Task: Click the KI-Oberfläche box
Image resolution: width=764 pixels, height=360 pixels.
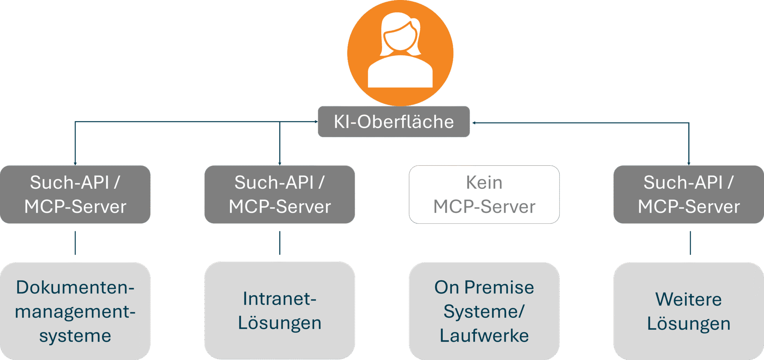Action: pyautogui.click(x=394, y=122)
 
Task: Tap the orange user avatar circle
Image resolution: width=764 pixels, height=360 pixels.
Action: pyautogui.click(x=400, y=52)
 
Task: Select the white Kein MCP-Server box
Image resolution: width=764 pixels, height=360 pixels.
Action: pyautogui.click(x=484, y=194)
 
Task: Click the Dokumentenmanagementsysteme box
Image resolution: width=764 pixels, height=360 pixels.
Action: pyautogui.click(x=75, y=311)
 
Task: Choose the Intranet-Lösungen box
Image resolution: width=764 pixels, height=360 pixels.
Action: pyautogui.click(x=279, y=310)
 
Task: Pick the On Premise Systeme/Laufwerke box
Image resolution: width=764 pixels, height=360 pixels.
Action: pyautogui.click(x=484, y=311)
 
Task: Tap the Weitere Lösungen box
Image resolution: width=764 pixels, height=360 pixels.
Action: pyautogui.click(x=688, y=311)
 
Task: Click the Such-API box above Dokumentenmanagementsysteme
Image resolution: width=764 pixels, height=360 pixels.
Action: pyautogui.click(x=75, y=194)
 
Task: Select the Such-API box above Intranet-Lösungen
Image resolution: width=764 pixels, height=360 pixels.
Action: pyautogui.click(x=279, y=194)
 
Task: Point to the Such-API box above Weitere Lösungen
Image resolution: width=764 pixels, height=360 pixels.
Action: pyautogui.click(x=688, y=194)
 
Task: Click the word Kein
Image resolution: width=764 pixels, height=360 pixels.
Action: pyautogui.click(x=484, y=182)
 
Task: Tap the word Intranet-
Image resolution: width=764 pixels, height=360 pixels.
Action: pyautogui.click(x=279, y=298)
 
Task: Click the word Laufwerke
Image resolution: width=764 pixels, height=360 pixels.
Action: pyautogui.click(x=484, y=335)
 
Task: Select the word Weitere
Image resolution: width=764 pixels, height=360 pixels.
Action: pyautogui.click(x=688, y=299)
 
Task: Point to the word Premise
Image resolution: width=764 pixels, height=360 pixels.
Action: pyautogui.click(x=499, y=287)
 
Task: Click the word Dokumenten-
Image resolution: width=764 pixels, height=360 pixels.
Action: pyautogui.click(x=75, y=287)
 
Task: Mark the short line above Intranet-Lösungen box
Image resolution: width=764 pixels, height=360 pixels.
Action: pyautogui.click(x=280, y=243)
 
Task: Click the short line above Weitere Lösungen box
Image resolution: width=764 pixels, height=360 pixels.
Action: pyautogui.click(x=690, y=243)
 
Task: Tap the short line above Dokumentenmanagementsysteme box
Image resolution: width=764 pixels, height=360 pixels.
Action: pyautogui.click(x=75, y=243)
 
